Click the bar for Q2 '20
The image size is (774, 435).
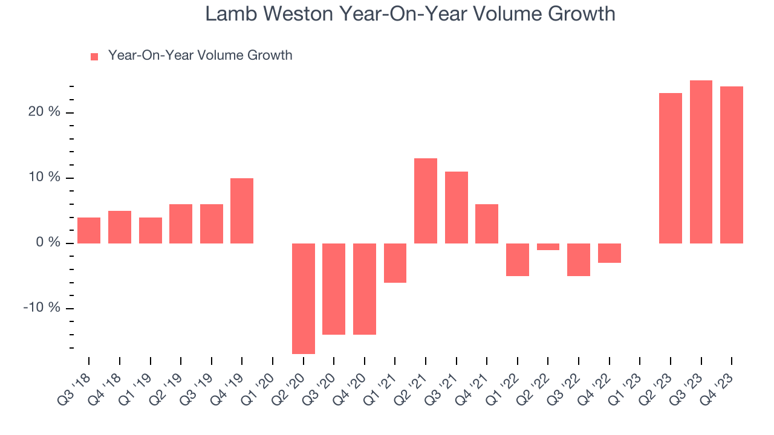tap(303, 298)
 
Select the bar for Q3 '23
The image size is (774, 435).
tap(701, 162)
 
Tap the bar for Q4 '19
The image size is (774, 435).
tap(242, 211)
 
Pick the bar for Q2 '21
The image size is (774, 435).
tap(425, 201)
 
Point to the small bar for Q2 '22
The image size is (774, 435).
tap(548, 246)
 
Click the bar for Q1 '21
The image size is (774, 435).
tap(395, 263)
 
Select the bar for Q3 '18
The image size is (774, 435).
tap(89, 230)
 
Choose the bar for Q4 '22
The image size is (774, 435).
tap(609, 253)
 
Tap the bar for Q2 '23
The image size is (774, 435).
tap(670, 168)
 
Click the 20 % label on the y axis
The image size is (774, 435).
tap(44, 112)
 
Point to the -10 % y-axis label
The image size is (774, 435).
tap(42, 308)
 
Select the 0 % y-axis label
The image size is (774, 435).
tap(48, 243)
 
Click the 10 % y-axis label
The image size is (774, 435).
tap(44, 178)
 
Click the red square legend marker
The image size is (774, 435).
tap(94, 57)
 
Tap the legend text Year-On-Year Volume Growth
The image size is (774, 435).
tap(200, 56)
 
